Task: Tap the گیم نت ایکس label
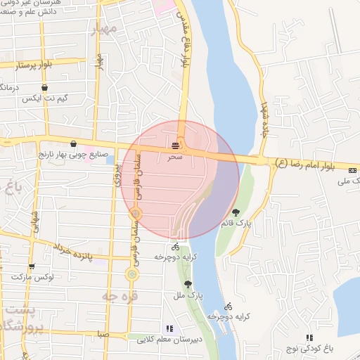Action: pos(45,98)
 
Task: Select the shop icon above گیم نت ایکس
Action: pos(45,88)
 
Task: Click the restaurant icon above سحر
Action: pos(174,146)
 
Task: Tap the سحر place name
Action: pos(174,157)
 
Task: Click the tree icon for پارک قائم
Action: pos(235,212)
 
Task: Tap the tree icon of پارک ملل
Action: pos(188,284)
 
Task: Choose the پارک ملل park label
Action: pos(188,295)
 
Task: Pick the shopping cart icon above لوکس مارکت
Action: pos(32,266)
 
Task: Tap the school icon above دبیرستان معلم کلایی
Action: pos(169,328)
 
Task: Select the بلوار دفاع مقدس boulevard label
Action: pos(186,42)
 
